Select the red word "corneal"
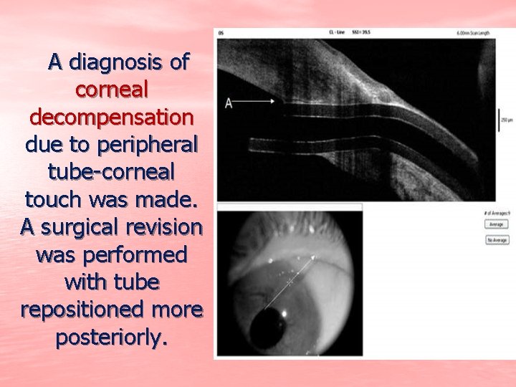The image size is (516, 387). (112, 90)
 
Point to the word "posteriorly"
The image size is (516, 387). (112, 338)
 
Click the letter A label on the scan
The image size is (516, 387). (229, 103)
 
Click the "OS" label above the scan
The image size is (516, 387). (221, 33)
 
